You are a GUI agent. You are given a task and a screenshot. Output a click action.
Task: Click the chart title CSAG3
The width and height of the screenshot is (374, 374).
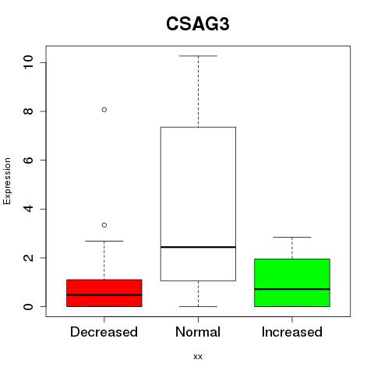coord(198,24)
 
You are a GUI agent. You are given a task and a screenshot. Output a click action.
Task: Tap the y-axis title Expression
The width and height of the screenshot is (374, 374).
coord(7,181)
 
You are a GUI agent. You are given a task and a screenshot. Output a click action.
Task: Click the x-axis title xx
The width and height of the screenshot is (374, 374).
coord(198,357)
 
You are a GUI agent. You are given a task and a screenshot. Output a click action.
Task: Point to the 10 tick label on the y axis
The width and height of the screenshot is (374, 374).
coord(28,62)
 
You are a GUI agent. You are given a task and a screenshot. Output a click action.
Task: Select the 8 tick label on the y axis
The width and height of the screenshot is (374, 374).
coord(28,111)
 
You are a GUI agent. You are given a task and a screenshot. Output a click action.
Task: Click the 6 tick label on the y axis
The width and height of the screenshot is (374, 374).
coord(28,160)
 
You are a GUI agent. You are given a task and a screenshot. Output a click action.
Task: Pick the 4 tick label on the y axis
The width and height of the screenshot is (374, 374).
coord(28,209)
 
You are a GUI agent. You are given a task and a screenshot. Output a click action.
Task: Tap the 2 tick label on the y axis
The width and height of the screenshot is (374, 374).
coord(28,258)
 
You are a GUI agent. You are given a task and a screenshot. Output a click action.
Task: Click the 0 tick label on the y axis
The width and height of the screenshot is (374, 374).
coord(28,306)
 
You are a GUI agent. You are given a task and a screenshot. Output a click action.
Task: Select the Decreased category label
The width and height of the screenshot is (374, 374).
coord(104,332)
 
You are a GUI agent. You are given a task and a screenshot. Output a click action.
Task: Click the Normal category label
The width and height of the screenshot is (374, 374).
coord(198,332)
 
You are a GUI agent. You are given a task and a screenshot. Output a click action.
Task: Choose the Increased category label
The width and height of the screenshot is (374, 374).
coord(292,332)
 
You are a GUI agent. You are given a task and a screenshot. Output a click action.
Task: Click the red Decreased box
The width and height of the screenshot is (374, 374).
coord(104,293)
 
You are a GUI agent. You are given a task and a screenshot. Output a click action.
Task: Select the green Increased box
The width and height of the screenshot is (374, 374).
coord(292,283)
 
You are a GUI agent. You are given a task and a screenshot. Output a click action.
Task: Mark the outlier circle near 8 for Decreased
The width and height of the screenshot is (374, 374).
coord(104,110)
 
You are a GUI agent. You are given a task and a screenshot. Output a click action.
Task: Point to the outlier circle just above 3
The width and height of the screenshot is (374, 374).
coord(104,225)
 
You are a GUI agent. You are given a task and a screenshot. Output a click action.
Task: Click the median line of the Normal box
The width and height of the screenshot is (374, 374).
coord(198,247)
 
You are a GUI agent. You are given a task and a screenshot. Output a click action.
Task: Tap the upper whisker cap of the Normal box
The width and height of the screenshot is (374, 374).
coord(198,56)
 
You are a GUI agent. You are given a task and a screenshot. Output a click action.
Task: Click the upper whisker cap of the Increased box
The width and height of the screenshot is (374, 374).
coord(292,237)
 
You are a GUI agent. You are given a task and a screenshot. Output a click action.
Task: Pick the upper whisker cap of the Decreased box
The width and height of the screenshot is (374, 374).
coord(104,241)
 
